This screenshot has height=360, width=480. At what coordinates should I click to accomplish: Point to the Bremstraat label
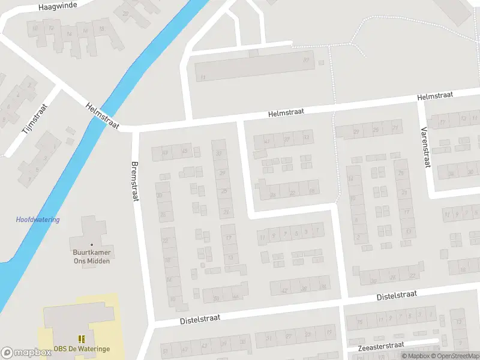point(135,181)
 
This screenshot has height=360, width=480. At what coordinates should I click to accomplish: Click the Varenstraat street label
point(425,147)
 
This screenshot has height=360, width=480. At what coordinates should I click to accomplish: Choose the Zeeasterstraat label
point(380,346)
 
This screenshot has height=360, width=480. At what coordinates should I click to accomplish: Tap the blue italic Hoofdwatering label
point(38,220)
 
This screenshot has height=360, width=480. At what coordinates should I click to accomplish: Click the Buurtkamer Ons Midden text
point(91,257)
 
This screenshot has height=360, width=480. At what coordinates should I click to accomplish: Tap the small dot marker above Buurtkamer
point(92,245)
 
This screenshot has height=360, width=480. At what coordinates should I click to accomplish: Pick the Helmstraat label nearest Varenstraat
point(437,95)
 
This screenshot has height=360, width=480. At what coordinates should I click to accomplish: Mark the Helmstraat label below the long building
point(286,112)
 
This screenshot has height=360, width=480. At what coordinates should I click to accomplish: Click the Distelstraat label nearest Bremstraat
point(200,319)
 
